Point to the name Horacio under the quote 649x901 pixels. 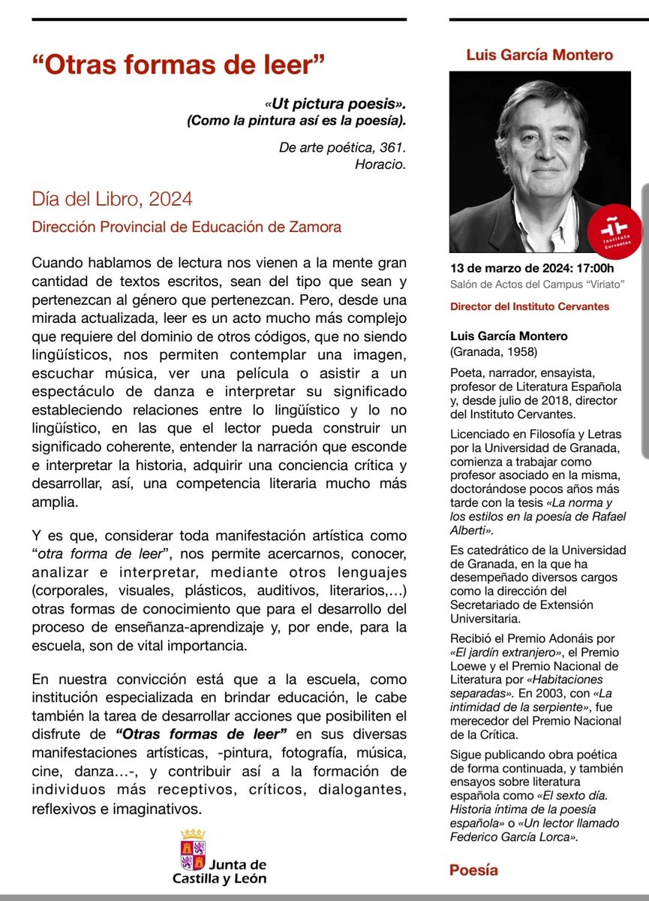[380, 164]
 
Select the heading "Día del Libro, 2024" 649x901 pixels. [112, 200]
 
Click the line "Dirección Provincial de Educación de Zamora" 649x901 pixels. [186, 226]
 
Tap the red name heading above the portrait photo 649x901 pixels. [539, 55]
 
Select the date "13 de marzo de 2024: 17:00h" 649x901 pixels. [531, 268]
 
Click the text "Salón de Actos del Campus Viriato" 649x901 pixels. [537, 283]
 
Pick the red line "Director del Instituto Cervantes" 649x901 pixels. [529, 306]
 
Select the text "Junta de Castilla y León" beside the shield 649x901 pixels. [225, 871]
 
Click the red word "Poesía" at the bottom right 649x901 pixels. [473, 870]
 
